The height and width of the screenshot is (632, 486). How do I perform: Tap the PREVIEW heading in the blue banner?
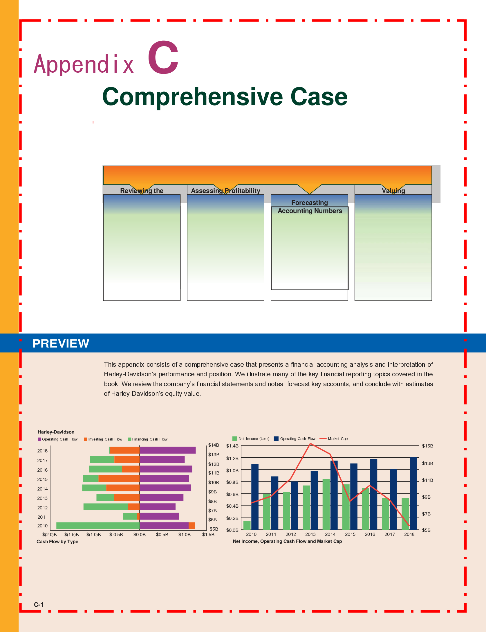click(x=61, y=343)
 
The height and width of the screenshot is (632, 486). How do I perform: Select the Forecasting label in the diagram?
click(x=309, y=203)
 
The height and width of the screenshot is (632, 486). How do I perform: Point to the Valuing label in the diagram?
click(x=393, y=191)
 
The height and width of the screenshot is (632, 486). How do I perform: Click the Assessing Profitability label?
click(x=225, y=191)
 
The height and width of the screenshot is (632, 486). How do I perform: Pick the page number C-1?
click(x=39, y=605)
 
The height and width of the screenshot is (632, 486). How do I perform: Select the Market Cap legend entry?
click(x=337, y=438)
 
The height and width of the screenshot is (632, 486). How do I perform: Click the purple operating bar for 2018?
click(x=167, y=450)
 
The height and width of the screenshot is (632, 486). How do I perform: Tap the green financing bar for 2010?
click(x=98, y=526)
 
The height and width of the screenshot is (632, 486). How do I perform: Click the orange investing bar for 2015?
click(x=119, y=479)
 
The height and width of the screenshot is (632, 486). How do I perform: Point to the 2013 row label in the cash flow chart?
click(x=42, y=498)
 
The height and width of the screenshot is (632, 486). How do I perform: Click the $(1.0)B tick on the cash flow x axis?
click(x=93, y=534)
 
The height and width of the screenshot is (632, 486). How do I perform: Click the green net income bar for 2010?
click(x=247, y=525)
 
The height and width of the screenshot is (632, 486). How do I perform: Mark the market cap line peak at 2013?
click(x=310, y=444)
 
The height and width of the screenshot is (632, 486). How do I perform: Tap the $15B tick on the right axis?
click(x=427, y=446)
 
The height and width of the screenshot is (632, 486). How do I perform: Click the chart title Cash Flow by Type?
click(x=57, y=541)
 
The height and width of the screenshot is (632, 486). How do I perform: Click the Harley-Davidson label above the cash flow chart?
click(x=56, y=432)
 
